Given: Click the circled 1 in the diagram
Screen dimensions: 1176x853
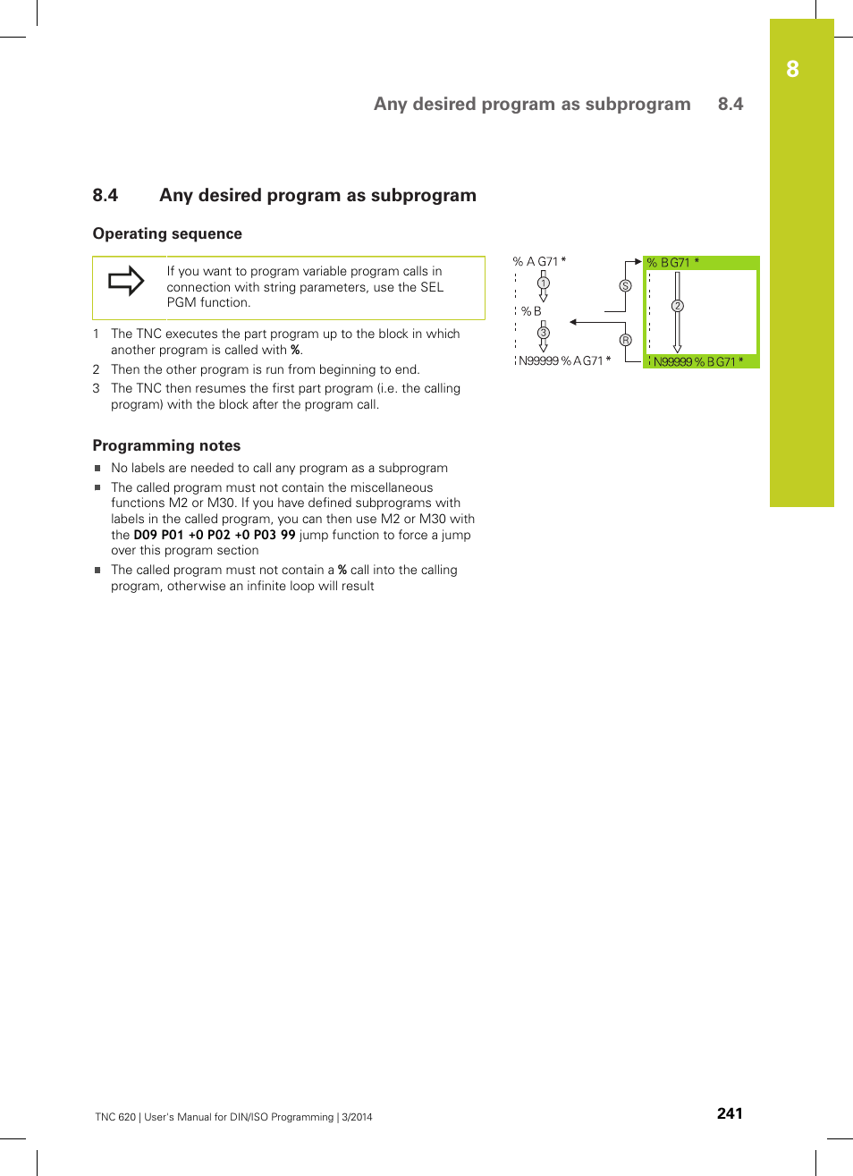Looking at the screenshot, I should pyautogui.click(x=543, y=283).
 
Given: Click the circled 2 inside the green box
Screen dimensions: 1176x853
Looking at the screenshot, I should pyautogui.click(x=678, y=306).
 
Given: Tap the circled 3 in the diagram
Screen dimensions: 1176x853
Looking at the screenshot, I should pyautogui.click(x=543, y=333).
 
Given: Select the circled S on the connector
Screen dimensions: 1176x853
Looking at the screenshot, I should pyautogui.click(x=625, y=286).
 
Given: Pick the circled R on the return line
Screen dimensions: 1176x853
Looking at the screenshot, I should pyautogui.click(x=625, y=340).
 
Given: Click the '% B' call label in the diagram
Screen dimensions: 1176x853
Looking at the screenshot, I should pyautogui.click(x=531, y=311).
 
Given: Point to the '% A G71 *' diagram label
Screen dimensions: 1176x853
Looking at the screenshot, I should pyautogui.click(x=539, y=262).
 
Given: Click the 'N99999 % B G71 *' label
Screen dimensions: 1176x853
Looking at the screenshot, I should pyautogui.click(x=697, y=361).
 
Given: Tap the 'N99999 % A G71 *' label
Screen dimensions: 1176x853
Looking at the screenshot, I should pyautogui.click(x=564, y=360).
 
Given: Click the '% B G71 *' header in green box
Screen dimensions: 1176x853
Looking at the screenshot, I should pyautogui.click(x=672, y=263).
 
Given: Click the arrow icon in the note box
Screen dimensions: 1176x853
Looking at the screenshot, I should pyautogui.click(x=126, y=281).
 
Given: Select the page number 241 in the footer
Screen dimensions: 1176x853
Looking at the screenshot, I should pyautogui.click(x=730, y=1113).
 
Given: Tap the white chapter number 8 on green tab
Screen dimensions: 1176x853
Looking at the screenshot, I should pyautogui.click(x=792, y=70).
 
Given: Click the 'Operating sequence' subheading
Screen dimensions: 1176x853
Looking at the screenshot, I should pyautogui.click(x=167, y=233).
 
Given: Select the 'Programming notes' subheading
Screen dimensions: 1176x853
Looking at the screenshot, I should pyautogui.click(x=166, y=445).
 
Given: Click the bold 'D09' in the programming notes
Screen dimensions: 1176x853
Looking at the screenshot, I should pyautogui.click(x=145, y=535).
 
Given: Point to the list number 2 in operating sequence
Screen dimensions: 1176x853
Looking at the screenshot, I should pyautogui.click(x=96, y=369).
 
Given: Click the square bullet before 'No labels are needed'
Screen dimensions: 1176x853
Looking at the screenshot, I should pyautogui.click(x=97, y=468).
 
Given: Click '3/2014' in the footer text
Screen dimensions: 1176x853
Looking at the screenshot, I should pyautogui.click(x=358, y=1117).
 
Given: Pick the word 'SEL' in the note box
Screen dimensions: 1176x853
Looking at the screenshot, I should pyautogui.click(x=432, y=287).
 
